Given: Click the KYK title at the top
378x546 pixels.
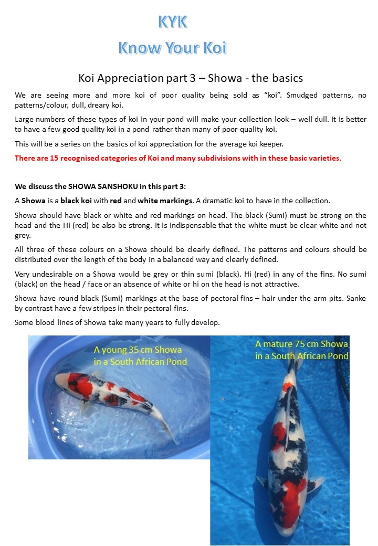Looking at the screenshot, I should pos(172,22).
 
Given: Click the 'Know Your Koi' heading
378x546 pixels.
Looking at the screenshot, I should pos(172,48).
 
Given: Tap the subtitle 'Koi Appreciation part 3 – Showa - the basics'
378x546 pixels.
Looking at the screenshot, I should pos(191,78).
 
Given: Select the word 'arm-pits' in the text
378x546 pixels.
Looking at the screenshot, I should pos(305,298).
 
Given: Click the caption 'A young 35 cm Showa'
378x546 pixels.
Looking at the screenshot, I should pos(138,349).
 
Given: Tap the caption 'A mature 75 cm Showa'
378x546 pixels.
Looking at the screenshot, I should pos(301,344).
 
